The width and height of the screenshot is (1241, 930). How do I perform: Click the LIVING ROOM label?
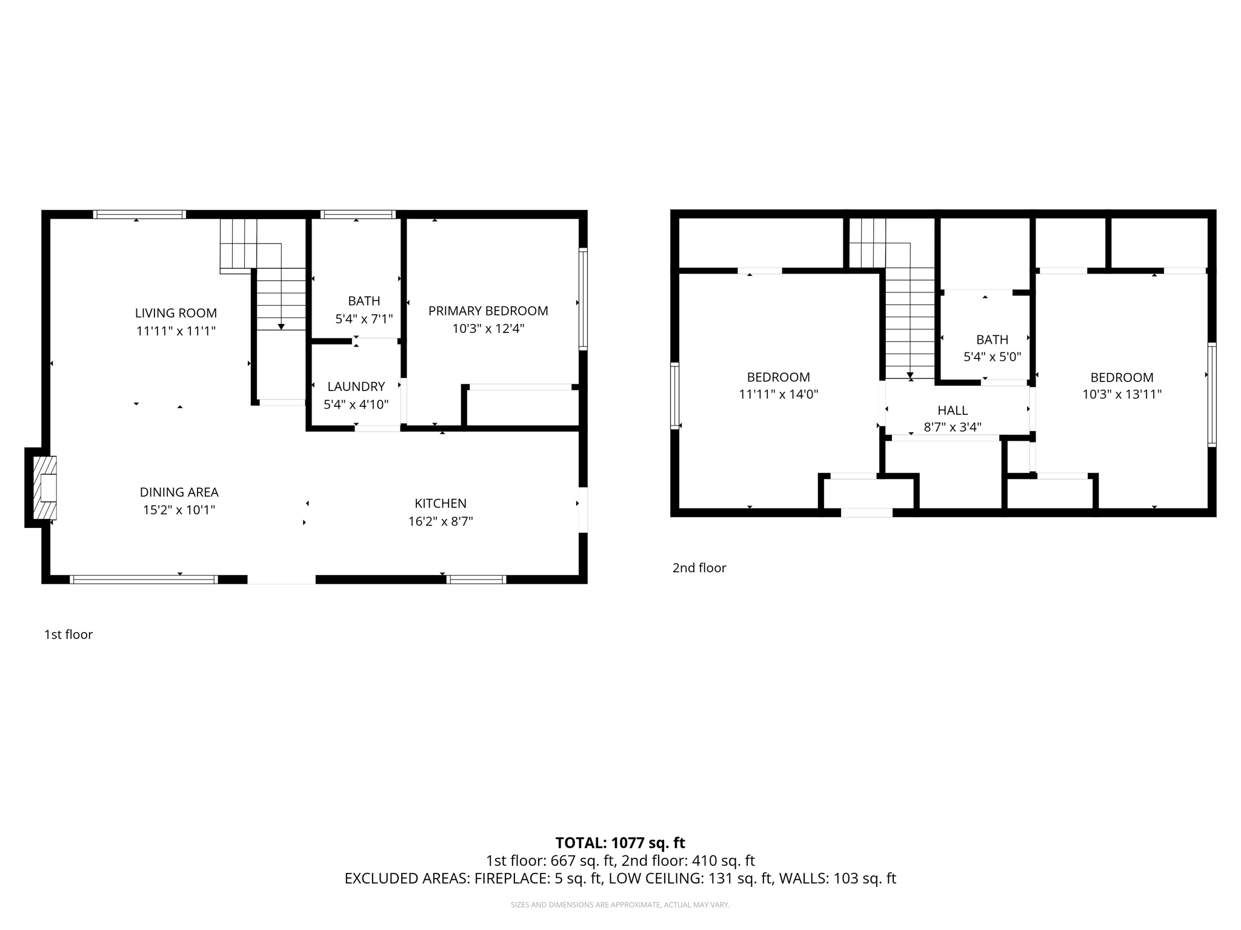(x=176, y=313)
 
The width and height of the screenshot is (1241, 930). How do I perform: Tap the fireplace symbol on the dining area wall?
(x=45, y=487)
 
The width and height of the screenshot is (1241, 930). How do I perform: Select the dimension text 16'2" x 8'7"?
(x=441, y=521)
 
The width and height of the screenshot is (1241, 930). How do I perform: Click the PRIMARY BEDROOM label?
(x=488, y=311)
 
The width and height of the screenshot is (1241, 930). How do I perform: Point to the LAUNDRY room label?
(x=356, y=386)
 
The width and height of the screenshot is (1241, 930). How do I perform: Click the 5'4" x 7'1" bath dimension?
(x=364, y=318)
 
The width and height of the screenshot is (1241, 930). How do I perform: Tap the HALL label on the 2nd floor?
(x=953, y=411)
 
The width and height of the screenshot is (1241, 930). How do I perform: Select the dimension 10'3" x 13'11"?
(x=1122, y=395)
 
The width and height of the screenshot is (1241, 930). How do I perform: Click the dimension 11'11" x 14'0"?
(x=778, y=395)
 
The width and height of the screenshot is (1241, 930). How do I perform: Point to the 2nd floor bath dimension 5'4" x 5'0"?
(x=992, y=357)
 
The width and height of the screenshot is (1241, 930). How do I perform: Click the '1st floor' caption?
(x=68, y=635)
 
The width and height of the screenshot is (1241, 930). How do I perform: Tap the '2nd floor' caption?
(x=699, y=568)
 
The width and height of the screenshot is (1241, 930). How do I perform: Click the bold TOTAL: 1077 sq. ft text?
(x=620, y=843)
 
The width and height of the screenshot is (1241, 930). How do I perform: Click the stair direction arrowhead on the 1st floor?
(x=281, y=327)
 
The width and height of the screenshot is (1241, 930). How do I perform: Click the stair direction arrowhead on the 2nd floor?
(x=910, y=376)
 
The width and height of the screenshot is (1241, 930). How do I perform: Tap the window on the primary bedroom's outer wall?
(x=583, y=298)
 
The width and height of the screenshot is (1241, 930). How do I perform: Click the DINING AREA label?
(x=179, y=492)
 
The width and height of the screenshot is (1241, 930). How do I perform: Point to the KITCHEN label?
(x=441, y=503)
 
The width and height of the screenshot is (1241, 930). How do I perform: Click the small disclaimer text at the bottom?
(x=620, y=905)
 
